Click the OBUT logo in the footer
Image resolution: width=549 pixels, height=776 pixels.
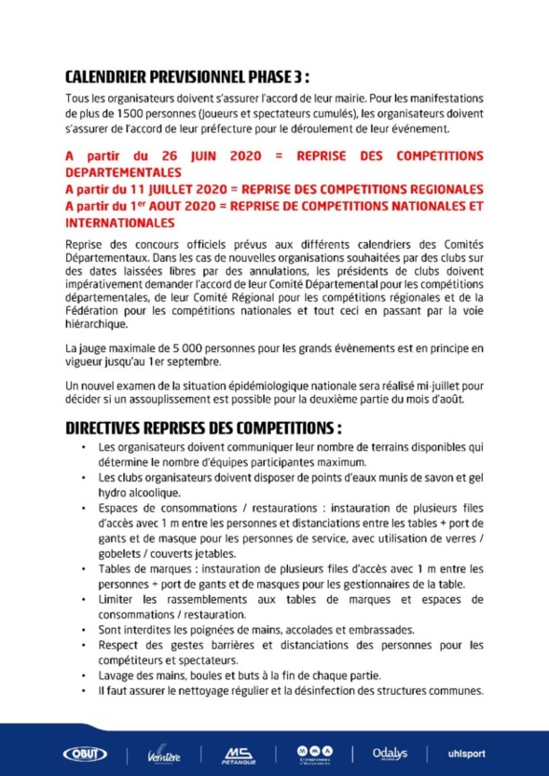85,752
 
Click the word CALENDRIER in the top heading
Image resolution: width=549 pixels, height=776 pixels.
111,75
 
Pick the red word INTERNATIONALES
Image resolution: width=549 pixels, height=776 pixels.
119,224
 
